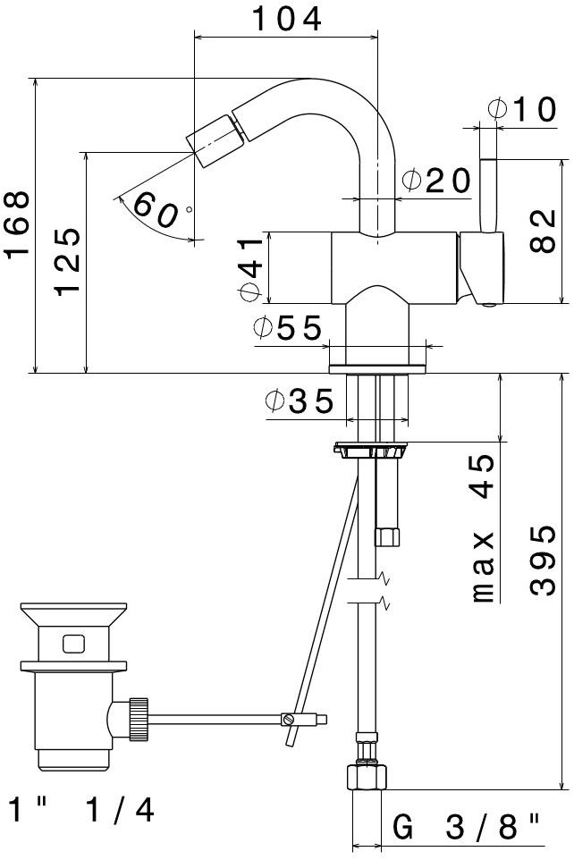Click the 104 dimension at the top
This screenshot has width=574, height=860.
(x=286, y=20)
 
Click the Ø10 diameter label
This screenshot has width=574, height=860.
(x=522, y=109)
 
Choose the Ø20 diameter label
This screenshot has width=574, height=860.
(x=436, y=181)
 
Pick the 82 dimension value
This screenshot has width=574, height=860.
(x=544, y=231)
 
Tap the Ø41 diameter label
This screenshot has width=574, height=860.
(x=251, y=269)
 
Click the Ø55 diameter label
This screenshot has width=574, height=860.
(x=288, y=328)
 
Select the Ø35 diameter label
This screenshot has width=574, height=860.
(x=300, y=400)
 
